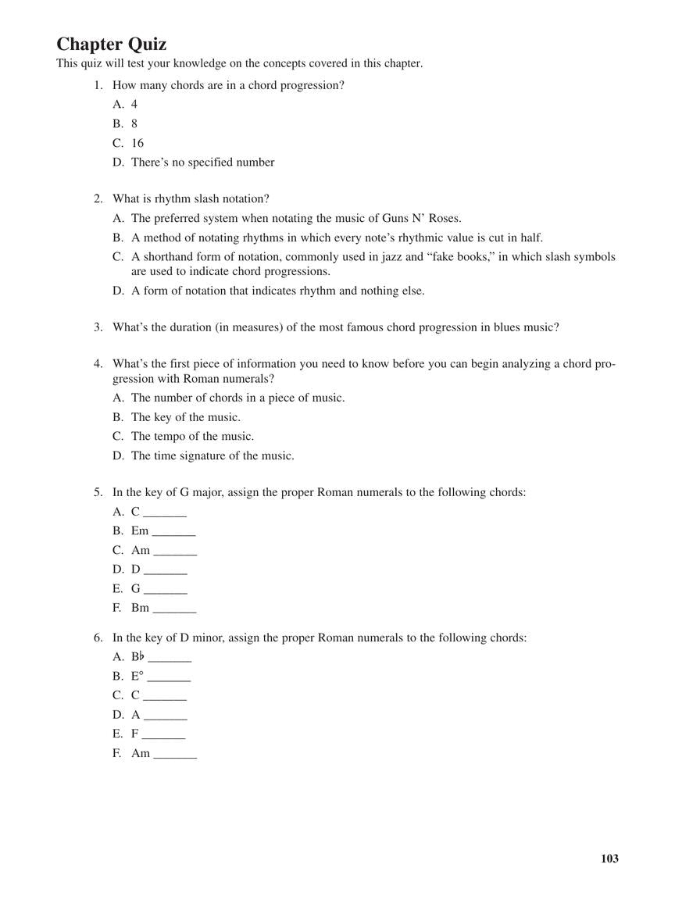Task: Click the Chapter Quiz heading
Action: (x=111, y=44)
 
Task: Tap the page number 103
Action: (x=609, y=859)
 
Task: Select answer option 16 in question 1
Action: (x=137, y=143)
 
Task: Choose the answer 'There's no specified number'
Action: (x=202, y=162)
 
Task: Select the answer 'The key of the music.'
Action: (x=185, y=417)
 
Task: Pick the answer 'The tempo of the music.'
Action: (x=192, y=437)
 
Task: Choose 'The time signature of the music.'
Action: (x=212, y=455)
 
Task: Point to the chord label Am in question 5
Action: (x=141, y=550)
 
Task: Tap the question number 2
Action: (x=98, y=199)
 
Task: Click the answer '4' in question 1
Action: (x=134, y=104)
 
